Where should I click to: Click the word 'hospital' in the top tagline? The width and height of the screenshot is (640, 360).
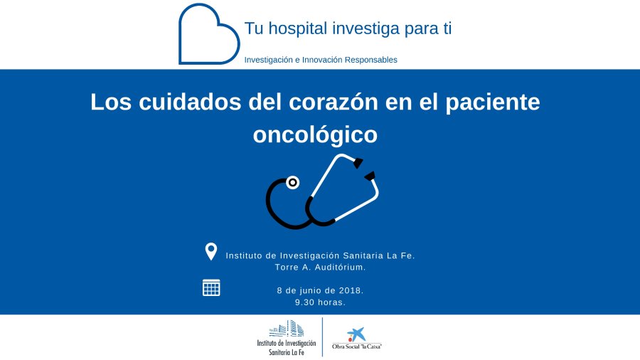point(298,29)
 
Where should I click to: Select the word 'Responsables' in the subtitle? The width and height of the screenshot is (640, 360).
point(371,60)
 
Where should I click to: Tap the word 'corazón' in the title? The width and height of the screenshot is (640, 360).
point(334,102)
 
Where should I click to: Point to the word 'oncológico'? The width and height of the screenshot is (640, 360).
point(315,135)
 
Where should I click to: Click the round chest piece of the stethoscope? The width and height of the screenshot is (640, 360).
point(293,182)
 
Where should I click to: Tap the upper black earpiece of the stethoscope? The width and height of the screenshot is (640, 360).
point(358,163)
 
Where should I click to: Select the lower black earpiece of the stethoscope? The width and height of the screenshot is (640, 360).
point(370,176)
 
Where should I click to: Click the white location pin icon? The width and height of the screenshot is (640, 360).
point(211,251)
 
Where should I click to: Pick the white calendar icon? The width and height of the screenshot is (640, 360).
point(211,287)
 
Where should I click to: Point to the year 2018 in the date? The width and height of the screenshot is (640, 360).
point(351,290)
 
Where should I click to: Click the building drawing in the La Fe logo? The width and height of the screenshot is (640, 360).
point(287,329)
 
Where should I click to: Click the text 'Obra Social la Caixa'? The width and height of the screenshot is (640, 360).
point(357,346)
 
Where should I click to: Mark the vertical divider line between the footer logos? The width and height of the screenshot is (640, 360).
point(322,337)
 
